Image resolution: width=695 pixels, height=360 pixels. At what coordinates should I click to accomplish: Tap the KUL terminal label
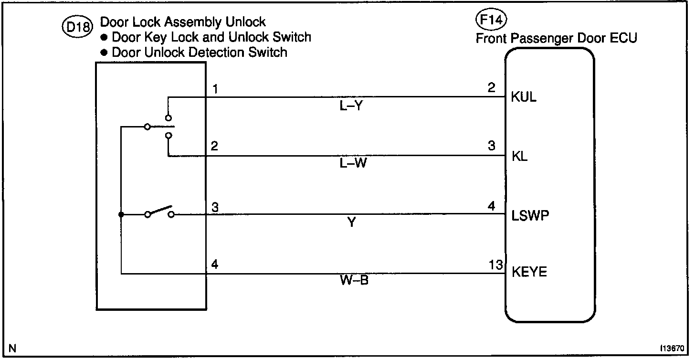click(524, 97)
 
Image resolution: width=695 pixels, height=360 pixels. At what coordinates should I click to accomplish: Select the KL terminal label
click(520, 156)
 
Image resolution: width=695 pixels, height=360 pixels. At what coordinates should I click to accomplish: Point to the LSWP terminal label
click(530, 215)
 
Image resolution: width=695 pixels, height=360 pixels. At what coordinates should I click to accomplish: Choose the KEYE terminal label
click(529, 272)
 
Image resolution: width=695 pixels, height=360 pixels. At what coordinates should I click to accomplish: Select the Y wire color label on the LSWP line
click(351, 222)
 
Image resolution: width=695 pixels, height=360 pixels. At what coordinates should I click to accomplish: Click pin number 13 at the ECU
click(496, 265)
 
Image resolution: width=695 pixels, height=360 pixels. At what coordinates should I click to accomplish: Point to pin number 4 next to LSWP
click(492, 206)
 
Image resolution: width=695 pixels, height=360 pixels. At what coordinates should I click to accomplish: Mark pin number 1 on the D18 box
click(214, 88)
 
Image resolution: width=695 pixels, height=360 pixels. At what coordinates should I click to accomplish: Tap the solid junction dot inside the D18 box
click(121, 214)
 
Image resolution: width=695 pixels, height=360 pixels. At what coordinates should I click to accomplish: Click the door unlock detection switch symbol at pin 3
click(159, 213)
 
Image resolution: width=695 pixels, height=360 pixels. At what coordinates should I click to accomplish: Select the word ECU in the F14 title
click(623, 38)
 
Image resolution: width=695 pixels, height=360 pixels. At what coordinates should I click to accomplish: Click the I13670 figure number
click(673, 349)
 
